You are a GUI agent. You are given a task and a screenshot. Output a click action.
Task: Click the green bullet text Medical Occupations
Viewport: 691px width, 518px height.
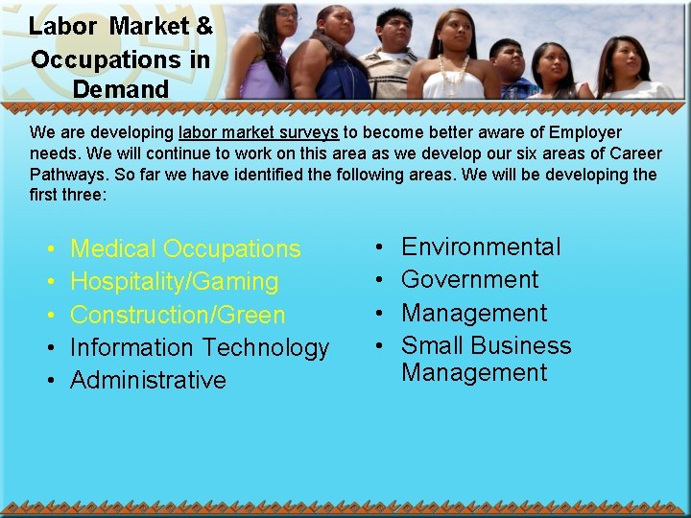click(x=185, y=248)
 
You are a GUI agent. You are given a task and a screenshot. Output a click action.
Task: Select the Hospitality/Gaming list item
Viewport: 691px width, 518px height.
click(x=174, y=282)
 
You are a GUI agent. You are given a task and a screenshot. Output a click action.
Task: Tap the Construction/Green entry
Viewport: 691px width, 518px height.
click(x=178, y=315)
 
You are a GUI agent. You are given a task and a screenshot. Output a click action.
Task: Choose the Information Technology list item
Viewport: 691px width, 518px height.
click(x=200, y=347)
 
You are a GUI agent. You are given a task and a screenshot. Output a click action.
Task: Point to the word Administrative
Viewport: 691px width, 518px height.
click(x=148, y=380)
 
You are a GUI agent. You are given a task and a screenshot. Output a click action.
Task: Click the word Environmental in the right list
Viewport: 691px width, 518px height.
click(x=481, y=247)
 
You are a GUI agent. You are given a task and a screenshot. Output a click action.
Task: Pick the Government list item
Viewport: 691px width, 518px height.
click(x=469, y=280)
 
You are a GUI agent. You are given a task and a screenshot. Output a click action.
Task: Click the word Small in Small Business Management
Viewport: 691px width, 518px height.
click(x=432, y=345)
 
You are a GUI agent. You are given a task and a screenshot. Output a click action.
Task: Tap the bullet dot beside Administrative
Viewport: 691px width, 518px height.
click(x=49, y=381)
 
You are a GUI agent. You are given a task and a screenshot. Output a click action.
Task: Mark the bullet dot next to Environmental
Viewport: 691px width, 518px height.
click(x=380, y=248)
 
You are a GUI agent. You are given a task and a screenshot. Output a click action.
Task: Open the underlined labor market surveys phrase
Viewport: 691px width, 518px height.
click(x=257, y=132)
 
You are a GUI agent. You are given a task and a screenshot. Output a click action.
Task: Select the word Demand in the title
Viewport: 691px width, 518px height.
click(x=120, y=89)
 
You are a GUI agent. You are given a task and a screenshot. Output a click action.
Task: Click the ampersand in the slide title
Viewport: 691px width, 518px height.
click(x=203, y=26)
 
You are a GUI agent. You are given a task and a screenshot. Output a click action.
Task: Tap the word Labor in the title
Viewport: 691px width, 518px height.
click(x=62, y=26)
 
